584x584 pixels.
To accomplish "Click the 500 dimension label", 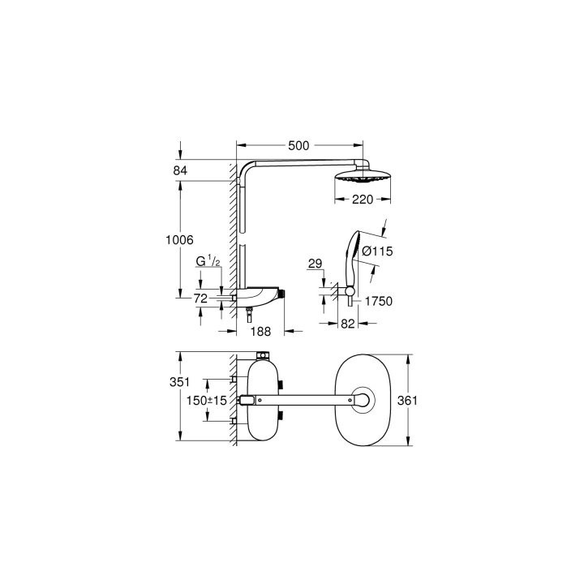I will coord(299,146).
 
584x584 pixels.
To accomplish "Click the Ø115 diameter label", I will coord(378,252).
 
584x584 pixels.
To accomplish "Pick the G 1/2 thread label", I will coord(208,261).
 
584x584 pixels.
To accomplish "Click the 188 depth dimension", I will coord(261,332).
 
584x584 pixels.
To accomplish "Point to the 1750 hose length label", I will coord(378,301).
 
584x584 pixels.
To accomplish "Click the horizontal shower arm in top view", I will coord(304,399).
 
